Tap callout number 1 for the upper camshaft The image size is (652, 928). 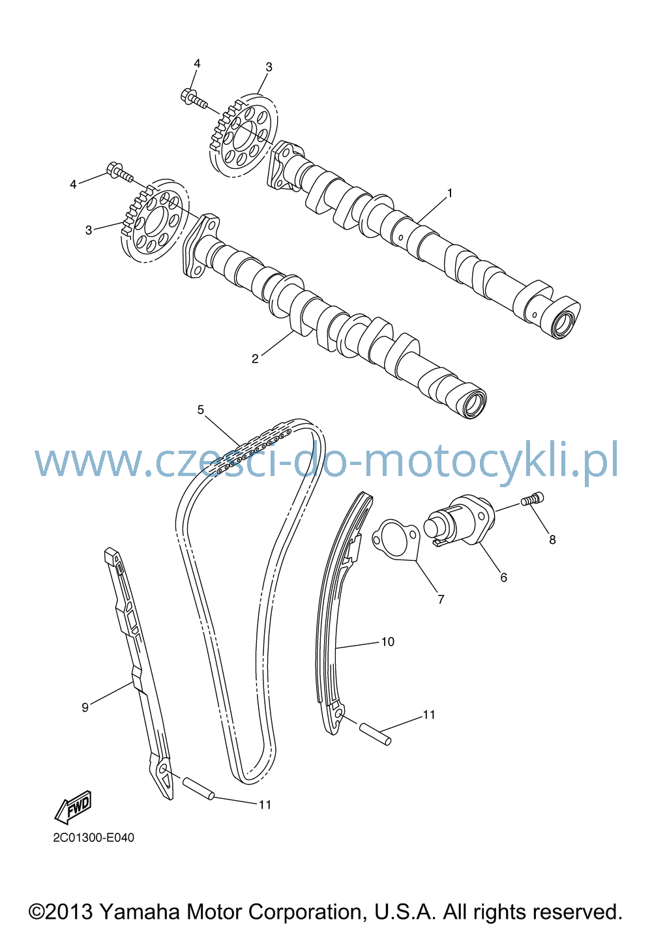(449, 193)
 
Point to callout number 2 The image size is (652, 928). (255, 359)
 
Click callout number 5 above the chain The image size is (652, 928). (200, 410)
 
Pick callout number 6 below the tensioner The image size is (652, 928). (503, 578)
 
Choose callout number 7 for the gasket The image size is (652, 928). (441, 599)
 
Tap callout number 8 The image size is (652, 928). (552, 540)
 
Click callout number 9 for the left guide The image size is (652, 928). (85, 707)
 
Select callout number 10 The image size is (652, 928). (387, 642)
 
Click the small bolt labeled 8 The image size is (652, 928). (532, 498)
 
